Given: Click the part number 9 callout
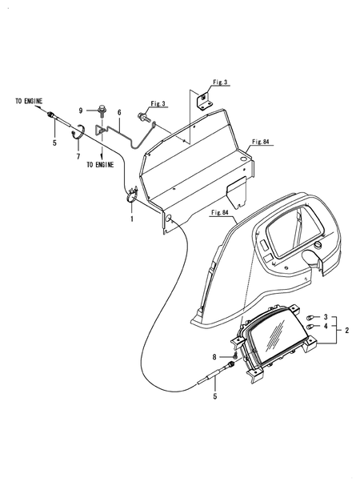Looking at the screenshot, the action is coord(81,110).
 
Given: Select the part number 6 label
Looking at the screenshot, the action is coord(119,113).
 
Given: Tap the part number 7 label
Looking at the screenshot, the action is coord(78,157).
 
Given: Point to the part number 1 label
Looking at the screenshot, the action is coord(132,219).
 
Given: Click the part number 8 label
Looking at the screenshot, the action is coord(214,357).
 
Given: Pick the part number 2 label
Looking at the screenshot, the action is coord(347,331).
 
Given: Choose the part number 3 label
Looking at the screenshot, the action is coord(326,317).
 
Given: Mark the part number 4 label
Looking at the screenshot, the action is coord(326,327).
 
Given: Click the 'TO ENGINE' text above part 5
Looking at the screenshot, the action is coord(29,101).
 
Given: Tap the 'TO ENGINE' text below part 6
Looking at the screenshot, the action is coord(100,165).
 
